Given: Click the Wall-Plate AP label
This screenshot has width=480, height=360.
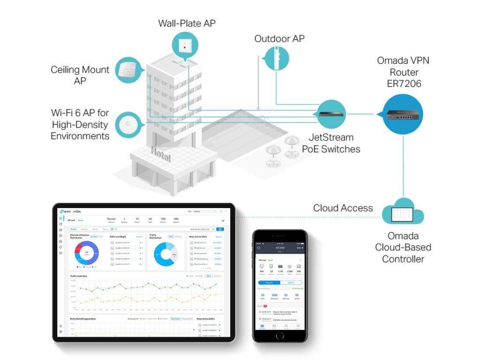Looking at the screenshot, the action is click(x=187, y=23).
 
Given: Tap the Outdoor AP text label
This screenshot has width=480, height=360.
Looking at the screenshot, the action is click(x=279, y=38).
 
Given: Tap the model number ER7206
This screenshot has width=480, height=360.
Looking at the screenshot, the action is click(x=403, y=84).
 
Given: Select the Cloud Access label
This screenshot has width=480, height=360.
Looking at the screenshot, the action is click(x=343, y=208).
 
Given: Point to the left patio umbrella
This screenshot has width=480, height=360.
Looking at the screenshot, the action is click(x=271, y=151).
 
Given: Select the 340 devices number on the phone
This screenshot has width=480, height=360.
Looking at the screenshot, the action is click(x=274, y=295).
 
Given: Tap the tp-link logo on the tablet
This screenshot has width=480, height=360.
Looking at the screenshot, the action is click(x=63, y=211).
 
